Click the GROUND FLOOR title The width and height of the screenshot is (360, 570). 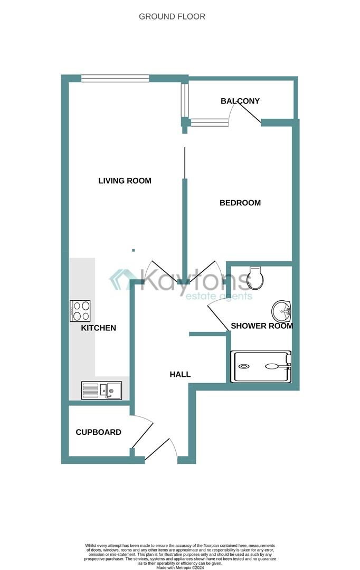(172, 16)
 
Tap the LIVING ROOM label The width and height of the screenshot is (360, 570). (125, 180)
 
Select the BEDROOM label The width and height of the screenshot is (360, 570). (240, 203)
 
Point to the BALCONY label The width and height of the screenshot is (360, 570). (240, 101)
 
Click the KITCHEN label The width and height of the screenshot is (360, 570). (98, 328)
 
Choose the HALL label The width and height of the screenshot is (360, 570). (180, 374)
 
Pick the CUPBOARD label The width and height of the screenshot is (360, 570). (98, 432)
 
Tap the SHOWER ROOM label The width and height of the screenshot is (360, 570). (262, 326)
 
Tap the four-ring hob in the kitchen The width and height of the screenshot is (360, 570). (80, 311)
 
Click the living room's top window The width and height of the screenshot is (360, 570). (115, 79)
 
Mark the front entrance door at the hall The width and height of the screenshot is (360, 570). (161, 450)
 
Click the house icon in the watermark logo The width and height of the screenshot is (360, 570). (123, 279)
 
